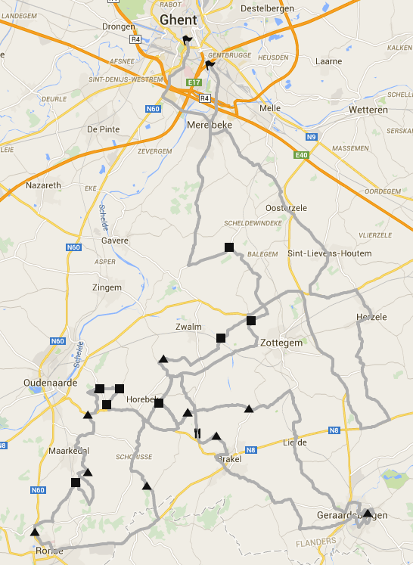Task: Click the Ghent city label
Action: click(x=179, y=20)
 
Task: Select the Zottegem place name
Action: click(x=281, y=343)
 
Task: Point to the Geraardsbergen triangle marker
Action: click(x=368, y=514)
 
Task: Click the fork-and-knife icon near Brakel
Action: click(x=197, y=433)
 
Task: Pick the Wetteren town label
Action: click(x=368, y=110)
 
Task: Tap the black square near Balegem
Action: click(x=229, y=247)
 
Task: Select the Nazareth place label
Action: click(x=43, y=185)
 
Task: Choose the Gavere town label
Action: click(x=115, y=241)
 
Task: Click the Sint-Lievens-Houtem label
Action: click(x=330, y=253)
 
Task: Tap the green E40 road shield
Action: click(x=303, y=155)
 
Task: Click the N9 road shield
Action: click(x=311, y=136)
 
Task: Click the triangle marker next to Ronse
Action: click(x=35, y=532)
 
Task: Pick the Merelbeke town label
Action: click(x=207, y=124)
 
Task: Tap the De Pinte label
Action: click(x=104, y=129)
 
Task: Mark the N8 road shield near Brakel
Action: click(x=251, y=450)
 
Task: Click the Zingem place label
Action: click(x=106, y=287)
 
